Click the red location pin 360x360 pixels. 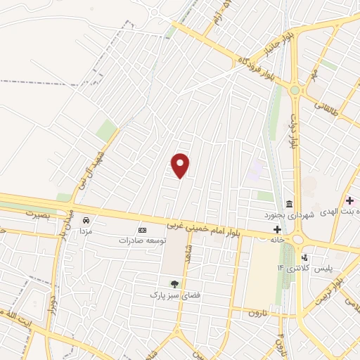click(181, 165)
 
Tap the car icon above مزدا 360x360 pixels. click(86, 219)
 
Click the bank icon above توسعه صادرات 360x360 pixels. click(142, 230)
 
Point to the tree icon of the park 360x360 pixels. click(174, 283)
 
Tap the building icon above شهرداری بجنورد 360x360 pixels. click(289, 203)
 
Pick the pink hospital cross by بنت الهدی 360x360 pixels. click(349, 200)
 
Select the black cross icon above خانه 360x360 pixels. click(278, 229)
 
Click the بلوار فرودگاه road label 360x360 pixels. click(257, 69)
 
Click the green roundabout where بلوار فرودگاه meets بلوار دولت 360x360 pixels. click(295, 89)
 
